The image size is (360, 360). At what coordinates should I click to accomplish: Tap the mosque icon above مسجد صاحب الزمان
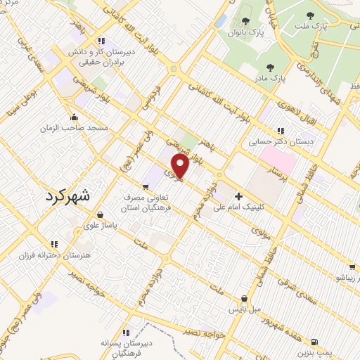pos(73,117)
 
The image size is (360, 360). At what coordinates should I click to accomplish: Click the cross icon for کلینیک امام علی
pos(239,176)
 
